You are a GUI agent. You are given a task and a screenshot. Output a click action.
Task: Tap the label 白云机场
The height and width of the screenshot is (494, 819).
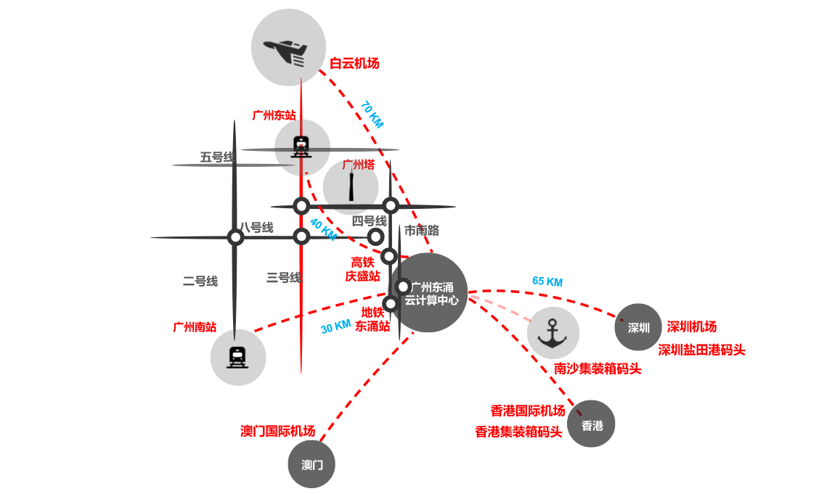354,64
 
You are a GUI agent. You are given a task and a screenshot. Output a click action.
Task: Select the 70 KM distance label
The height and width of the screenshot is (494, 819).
372,115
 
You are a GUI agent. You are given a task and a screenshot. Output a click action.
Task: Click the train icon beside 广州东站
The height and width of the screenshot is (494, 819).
301,147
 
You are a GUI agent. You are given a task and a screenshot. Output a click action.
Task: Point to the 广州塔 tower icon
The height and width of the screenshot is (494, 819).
351,186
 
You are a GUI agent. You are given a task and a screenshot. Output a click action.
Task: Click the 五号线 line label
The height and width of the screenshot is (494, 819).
217,157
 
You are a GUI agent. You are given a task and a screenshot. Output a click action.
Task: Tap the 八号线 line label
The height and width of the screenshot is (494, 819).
256,228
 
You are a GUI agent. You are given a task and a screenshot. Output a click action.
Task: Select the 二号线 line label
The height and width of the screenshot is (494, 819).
200,281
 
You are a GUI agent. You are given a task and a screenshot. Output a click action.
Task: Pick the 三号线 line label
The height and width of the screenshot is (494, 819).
283,277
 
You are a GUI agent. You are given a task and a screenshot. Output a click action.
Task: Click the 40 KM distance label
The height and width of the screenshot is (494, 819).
323,229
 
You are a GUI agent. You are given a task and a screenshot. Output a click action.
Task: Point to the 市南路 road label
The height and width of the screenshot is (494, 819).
422,231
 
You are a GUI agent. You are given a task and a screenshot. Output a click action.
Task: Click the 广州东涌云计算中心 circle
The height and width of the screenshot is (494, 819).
431,293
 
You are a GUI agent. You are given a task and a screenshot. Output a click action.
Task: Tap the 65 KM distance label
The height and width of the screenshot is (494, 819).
547,281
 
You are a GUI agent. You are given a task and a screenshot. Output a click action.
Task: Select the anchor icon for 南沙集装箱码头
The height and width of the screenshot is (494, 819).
553,333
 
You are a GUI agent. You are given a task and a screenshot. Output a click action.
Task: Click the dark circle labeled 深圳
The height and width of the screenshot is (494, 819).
638,327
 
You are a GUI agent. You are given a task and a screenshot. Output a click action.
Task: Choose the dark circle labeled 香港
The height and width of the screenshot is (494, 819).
592,425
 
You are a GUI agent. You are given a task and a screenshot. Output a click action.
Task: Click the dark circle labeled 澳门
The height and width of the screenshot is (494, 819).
312,464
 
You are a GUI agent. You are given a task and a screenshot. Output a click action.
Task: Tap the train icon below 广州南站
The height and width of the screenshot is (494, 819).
237,357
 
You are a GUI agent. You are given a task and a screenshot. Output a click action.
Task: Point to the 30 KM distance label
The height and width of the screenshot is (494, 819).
335,327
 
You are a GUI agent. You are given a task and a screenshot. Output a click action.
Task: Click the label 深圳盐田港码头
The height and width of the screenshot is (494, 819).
701,350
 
